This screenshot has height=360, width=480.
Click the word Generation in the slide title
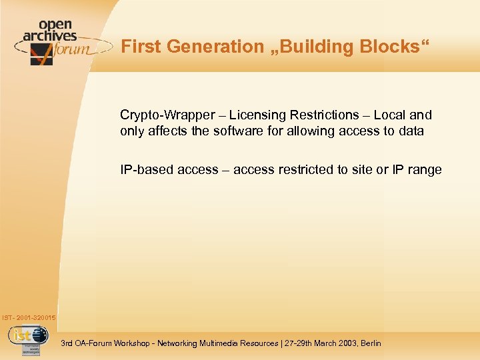(x=207, y=47)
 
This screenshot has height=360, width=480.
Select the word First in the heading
(x=140, y=47)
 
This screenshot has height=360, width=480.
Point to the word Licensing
(x=257, y=115)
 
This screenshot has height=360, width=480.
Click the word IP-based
(x=145, y=169)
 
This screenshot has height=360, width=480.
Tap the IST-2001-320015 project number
(x=29, y=317)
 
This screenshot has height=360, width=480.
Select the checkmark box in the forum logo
(x=41, y=53)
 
